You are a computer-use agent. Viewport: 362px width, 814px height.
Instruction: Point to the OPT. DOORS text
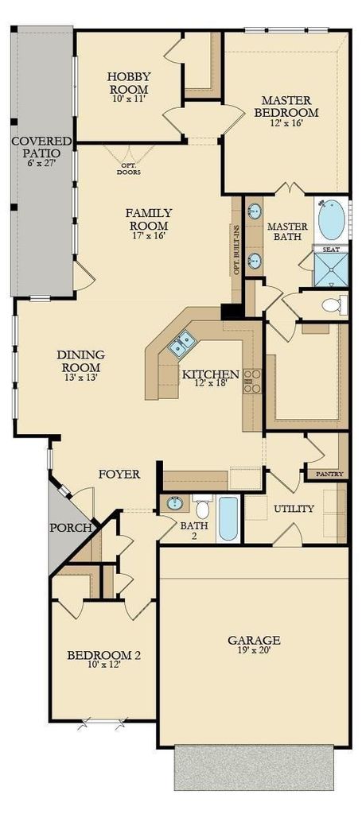click(x=128, y=169)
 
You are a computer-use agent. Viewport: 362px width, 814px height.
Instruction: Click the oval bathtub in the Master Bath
click(x=331, y=220)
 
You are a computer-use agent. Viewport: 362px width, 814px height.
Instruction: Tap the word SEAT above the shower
click(x=331, y=250)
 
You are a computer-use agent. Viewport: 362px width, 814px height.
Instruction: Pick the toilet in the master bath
click(x=334, y=304)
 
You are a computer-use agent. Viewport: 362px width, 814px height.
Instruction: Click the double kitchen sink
click(x=181, y=343)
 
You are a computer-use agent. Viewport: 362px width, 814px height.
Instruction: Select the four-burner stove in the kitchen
click(x=252, y=381)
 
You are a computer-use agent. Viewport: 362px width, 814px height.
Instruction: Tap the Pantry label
click(x=325, y=474)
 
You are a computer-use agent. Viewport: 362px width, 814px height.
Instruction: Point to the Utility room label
click(x=294, y=509)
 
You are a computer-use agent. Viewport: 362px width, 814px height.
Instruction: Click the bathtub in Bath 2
click(x=228, y=518)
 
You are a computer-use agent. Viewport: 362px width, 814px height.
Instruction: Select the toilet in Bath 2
click(x=203, y=508)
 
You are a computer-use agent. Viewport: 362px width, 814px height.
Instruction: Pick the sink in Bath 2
click(x=173, y=503)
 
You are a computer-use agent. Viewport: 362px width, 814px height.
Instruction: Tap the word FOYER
click(x=119, y=474)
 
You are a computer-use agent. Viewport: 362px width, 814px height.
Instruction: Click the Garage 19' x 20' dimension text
click(x=254, y=650)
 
